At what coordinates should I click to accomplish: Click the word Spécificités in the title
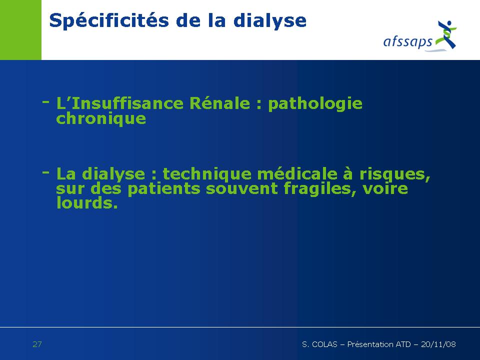coord(109,21)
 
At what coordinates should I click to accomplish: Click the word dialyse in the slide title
coord(269,21)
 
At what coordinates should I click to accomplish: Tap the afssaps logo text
coord(408,41)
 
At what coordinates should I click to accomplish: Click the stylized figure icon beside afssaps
coord(446,34)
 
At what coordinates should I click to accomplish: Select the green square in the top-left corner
coord(20,29)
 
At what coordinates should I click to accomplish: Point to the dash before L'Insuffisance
coord(45,101)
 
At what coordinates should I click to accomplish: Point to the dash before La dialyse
coord(45,172)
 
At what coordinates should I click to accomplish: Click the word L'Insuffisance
coord(119,103)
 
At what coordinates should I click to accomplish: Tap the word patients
coord(164,188)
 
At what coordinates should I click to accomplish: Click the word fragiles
coord(319,189)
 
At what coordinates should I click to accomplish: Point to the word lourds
coord(87,202)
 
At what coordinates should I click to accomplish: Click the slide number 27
coord(37,344)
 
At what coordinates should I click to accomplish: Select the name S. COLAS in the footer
coord(319,344)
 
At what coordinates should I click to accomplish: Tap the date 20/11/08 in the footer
coord(438,344)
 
